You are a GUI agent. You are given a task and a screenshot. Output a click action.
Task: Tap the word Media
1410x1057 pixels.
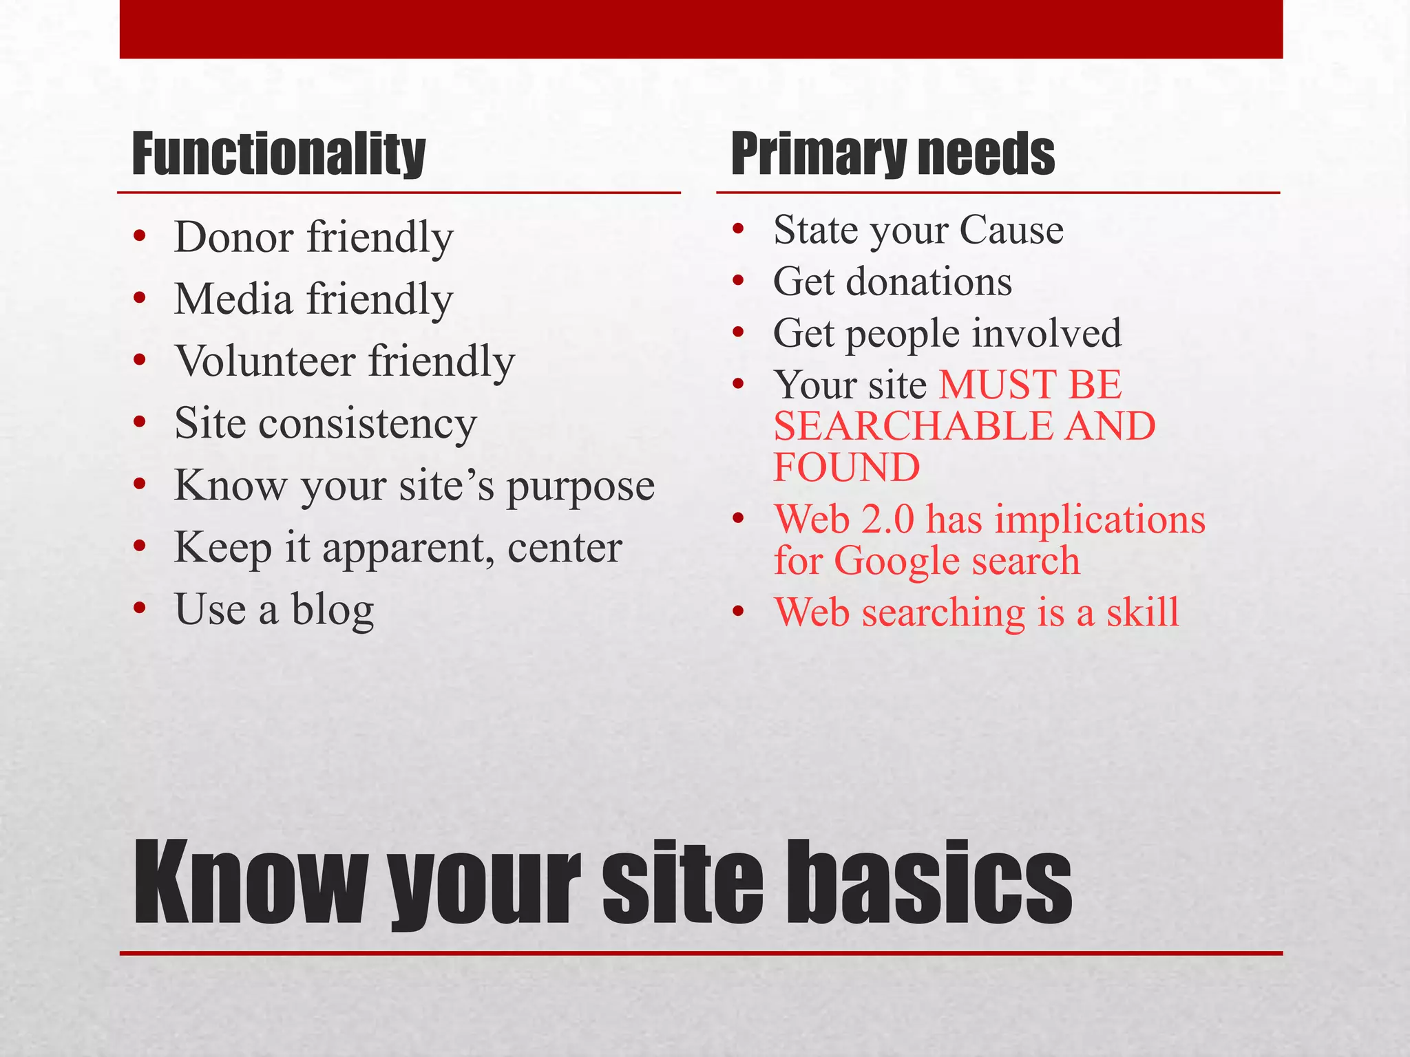[x=233, y=299]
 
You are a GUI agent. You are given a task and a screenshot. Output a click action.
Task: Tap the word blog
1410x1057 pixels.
[x=333, y=610]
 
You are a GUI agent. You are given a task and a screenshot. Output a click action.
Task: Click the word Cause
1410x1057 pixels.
[x=1011, y=230]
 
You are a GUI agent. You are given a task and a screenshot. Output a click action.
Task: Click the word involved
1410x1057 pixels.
[x=1046, y=333]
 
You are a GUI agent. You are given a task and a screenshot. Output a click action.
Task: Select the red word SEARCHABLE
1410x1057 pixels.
[x=913, y=426]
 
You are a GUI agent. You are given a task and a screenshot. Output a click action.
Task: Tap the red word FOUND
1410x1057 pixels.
[x=847, y=467]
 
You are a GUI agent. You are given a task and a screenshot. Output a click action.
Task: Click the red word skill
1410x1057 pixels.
[x=1142, y=612]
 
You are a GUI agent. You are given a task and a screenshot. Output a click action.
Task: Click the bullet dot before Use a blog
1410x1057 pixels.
[x=140, y=609]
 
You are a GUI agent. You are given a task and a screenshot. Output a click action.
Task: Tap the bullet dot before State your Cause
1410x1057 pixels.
[x=739, y=229]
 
